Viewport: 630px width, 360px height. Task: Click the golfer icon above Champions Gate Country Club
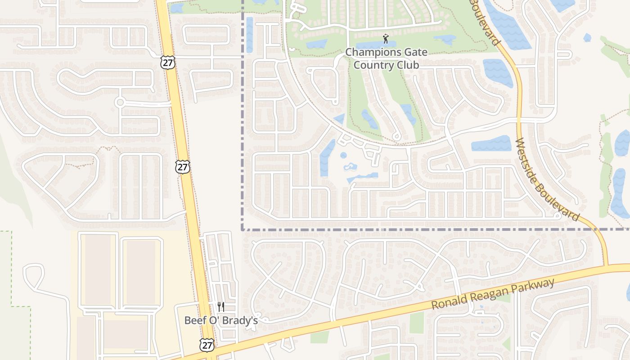385,39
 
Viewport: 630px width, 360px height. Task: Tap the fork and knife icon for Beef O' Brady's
220,307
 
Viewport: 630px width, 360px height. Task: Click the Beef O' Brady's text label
221,320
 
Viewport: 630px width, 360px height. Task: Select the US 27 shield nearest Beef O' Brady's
207,345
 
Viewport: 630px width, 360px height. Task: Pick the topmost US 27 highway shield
167,63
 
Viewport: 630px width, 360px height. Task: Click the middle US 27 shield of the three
183,167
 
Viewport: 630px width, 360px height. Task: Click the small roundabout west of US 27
119,103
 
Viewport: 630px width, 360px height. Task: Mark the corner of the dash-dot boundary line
243,229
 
